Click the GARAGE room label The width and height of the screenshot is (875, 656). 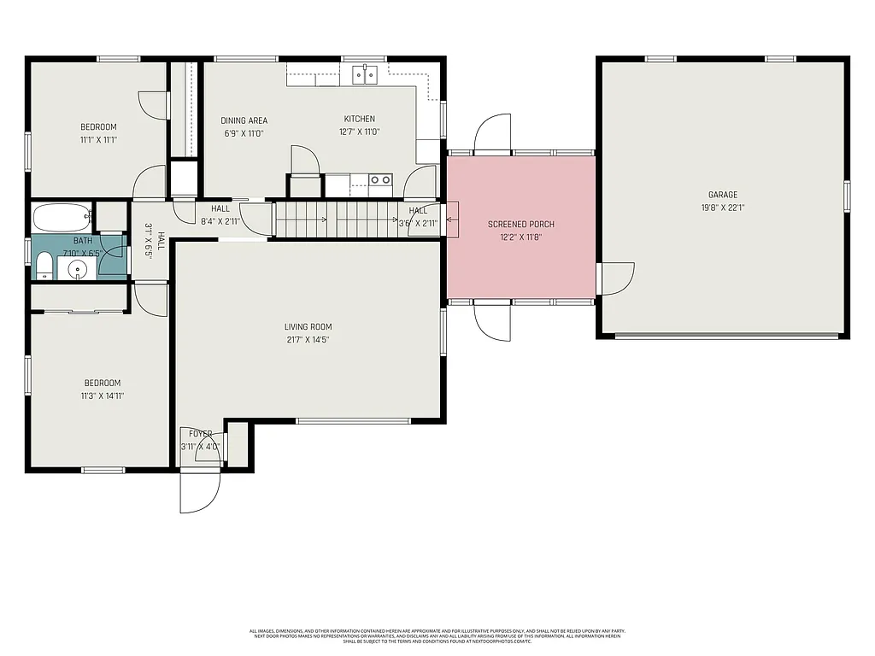(722, 195)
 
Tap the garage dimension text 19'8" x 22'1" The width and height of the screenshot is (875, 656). (722, 207)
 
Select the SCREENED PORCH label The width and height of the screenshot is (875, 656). (521, 225)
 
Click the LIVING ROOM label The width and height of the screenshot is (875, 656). (308, 327)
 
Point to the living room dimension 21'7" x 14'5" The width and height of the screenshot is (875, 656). (308, 340)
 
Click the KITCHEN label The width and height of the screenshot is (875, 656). (359, 120)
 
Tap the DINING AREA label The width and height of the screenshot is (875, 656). (244, 120)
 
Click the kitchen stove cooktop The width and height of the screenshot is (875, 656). (380, 179)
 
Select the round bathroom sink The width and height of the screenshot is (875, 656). (78, 270)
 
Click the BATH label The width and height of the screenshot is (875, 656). (82, 242)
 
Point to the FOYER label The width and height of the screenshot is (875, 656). (201, 435)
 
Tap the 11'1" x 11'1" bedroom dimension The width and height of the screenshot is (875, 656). (98, 140)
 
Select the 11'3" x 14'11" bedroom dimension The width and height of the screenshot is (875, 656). (102, 395)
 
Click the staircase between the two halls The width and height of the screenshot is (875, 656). (338, 219)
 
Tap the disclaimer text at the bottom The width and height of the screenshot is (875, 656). (437, 635)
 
